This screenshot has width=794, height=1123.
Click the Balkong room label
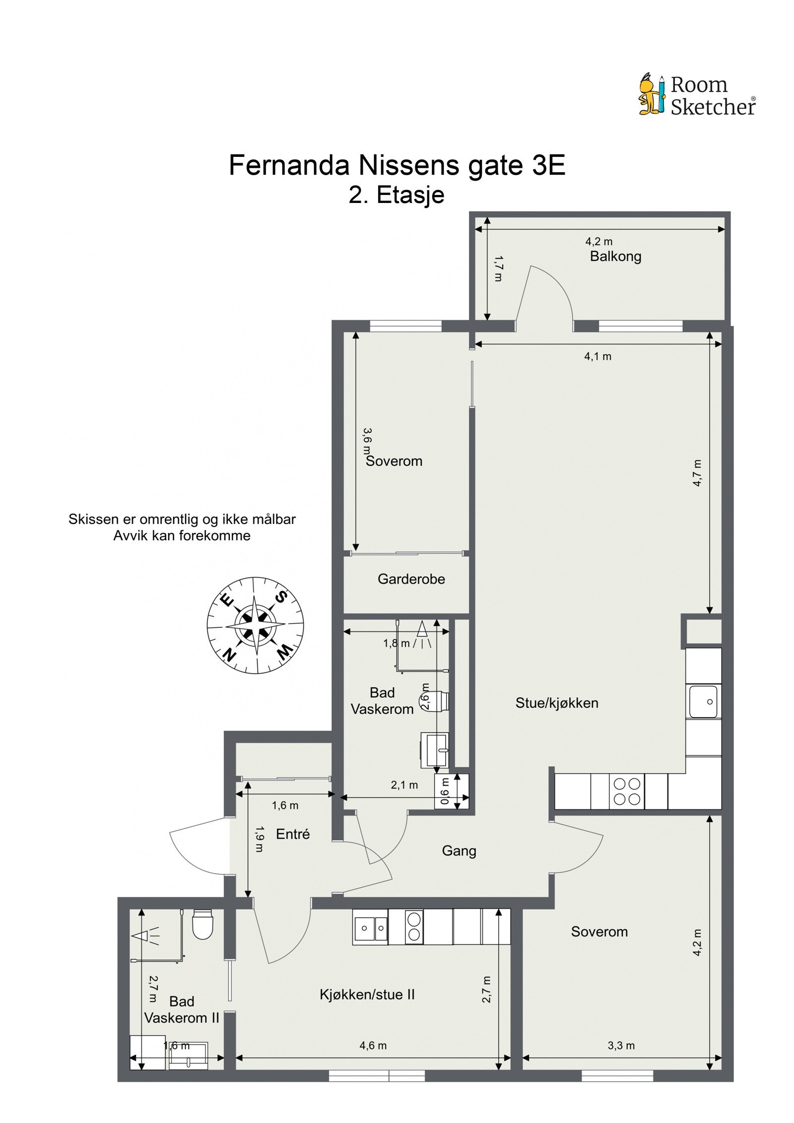pos(615,257)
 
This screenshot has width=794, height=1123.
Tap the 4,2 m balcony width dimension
pos(598,242)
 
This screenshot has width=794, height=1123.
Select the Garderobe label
pos(411,579)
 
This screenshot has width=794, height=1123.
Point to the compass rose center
pos(255,625)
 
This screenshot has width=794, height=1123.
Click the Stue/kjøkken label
pos(556,703)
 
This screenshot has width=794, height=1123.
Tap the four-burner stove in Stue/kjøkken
pos(627,792)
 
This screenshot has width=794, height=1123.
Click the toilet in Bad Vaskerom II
pos(202,925)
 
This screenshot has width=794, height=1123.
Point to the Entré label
pos(292,834)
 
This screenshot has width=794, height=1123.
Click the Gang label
pos(459,851)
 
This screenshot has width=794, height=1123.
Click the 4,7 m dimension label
pos(697,473)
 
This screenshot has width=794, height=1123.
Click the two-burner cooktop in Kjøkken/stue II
pos(414,927)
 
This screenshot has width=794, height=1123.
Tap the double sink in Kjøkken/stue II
pos(370,927)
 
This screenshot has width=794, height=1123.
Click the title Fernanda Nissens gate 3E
pos(397,166)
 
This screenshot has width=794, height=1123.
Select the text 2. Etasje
pos(396,195)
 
